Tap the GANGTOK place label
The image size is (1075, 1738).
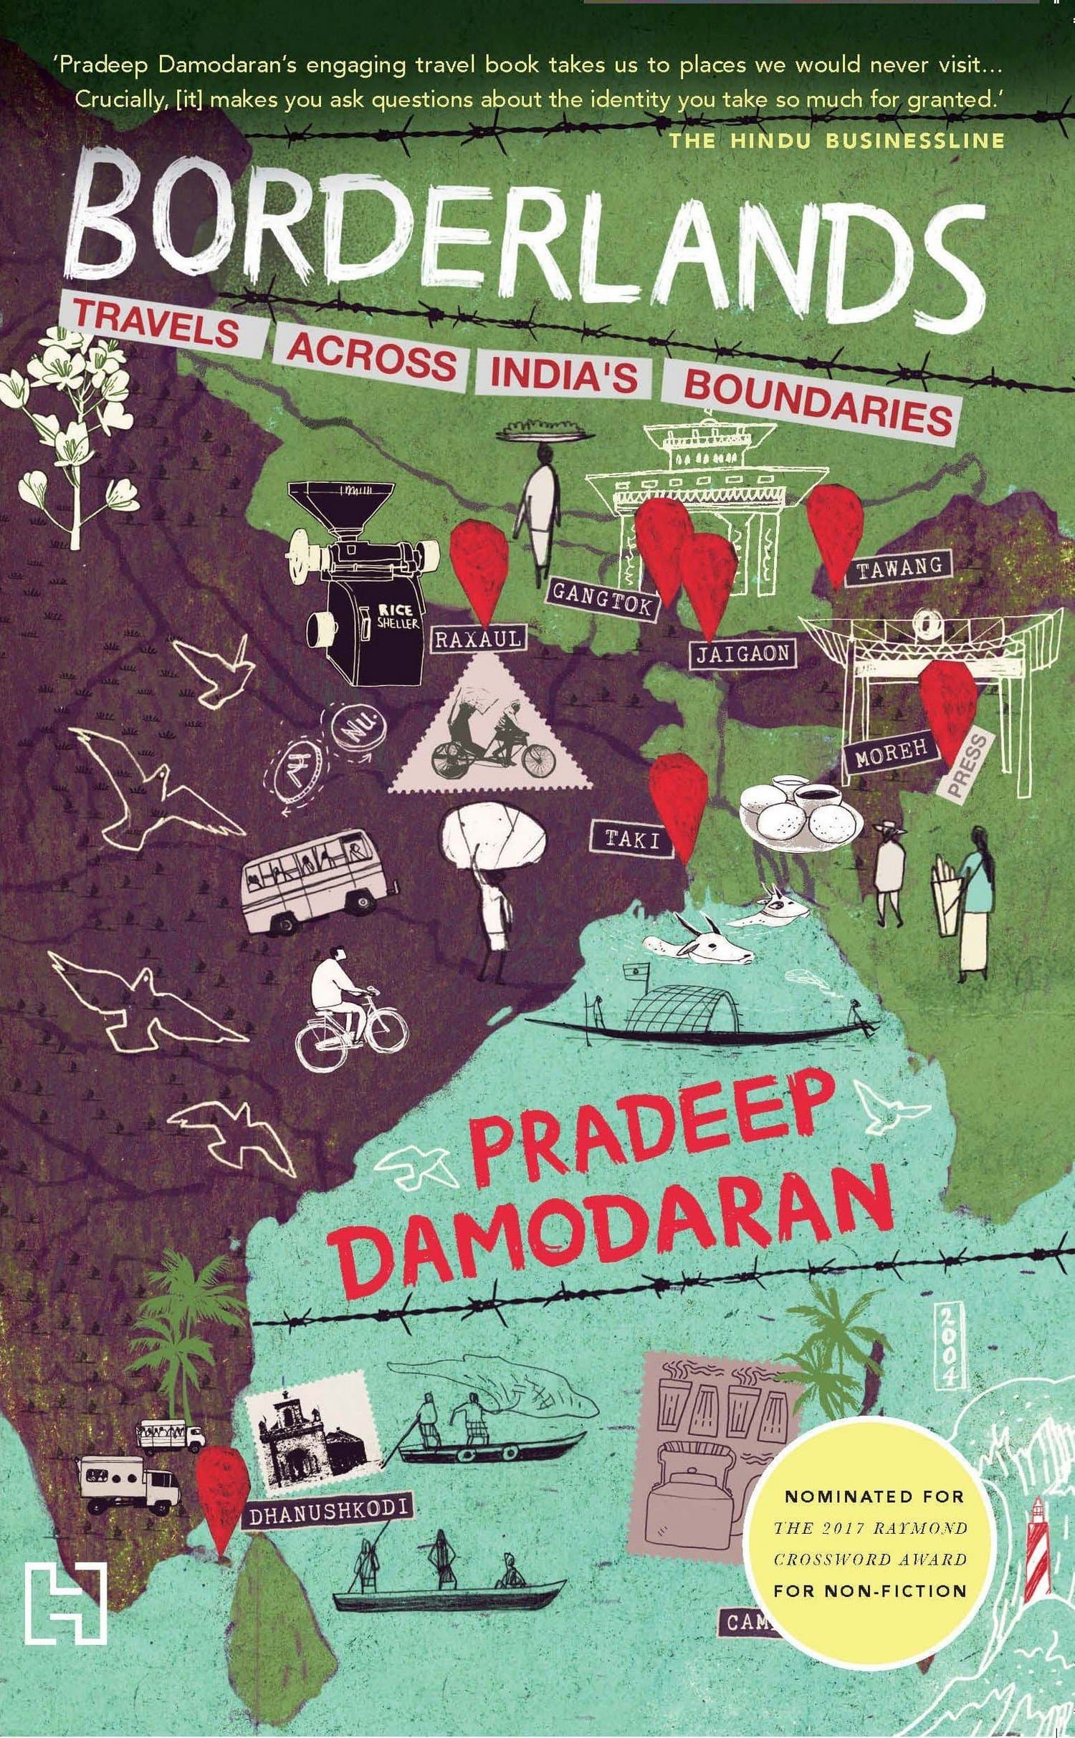click(x=602, y=599)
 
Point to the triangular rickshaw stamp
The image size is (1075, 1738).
click(x=491, y=738)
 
